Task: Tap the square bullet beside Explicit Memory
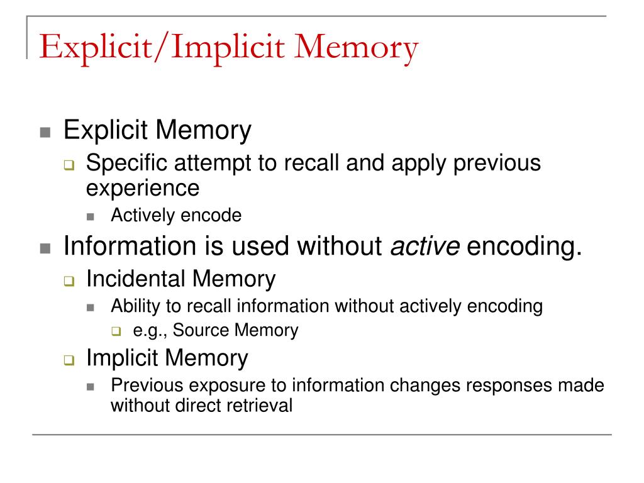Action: coord(45,133)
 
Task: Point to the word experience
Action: coord(143,187)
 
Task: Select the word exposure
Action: coord(219,386)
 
